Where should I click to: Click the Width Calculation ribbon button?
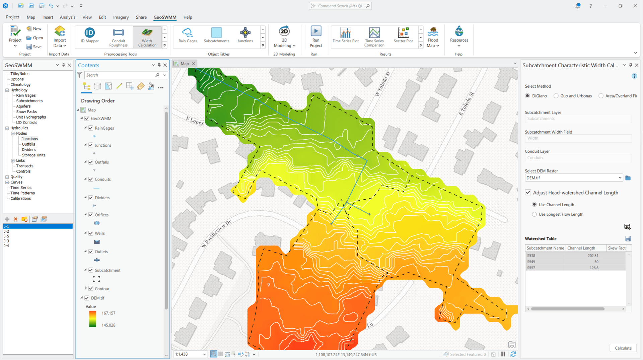point(147,37)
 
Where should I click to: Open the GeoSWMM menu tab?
point(165,17)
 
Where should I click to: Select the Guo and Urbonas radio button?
point(556,96)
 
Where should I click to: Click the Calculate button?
point(623,348)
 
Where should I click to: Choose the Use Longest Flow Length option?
point(534,214)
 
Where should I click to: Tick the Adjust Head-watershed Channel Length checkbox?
point(528,193)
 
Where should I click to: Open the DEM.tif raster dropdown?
point(620,178)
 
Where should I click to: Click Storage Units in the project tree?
point(33,155)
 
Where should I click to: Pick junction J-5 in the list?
point(6,236)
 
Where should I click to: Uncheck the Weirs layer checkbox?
point(91,233)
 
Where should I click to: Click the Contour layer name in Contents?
point(102,289)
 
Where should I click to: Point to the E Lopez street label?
point(195,120)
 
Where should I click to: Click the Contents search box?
point(121,75)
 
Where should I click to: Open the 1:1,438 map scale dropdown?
point(204,354)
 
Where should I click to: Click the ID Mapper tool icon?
point(89,33)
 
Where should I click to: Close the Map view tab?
point(194,64)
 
